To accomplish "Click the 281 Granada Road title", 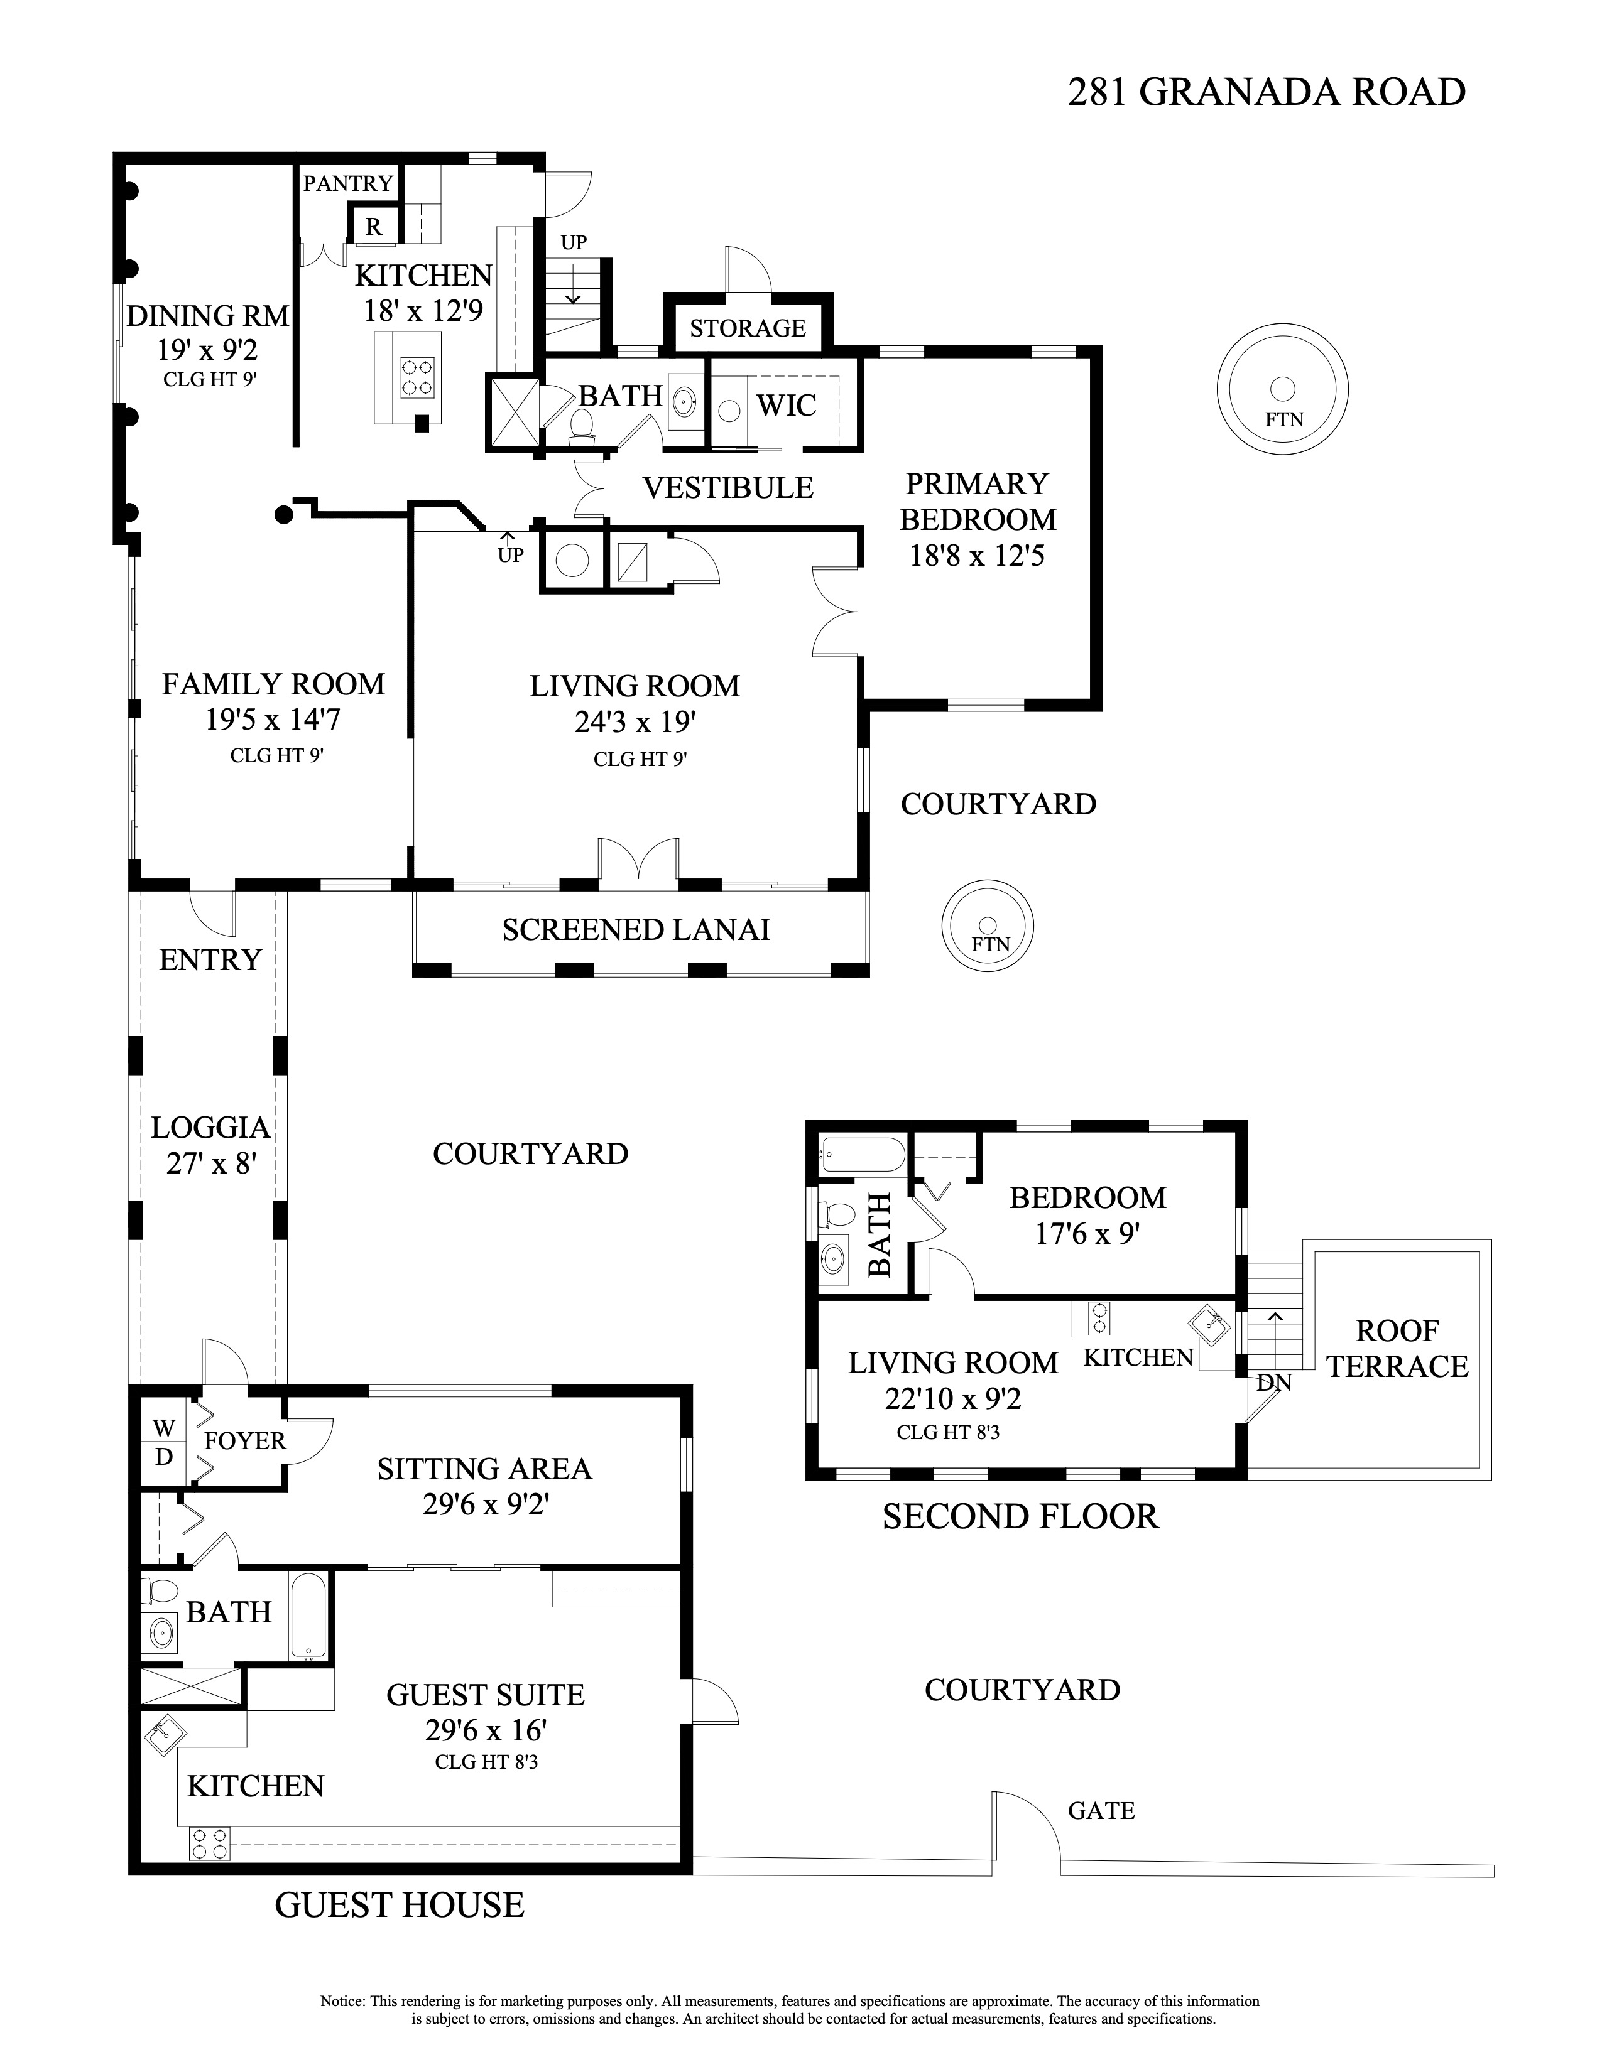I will point(1266,92).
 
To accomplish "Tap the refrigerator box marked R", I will point(373,227).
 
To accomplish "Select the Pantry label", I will point(347,183).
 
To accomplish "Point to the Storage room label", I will point(747,328).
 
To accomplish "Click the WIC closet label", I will point(786,405).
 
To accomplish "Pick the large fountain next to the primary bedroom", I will point(1282,390).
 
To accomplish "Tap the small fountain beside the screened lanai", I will point(987,926).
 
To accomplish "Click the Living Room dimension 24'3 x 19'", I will point(635,723).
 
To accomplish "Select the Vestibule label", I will point(728,488).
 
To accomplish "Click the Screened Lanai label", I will point(636,930).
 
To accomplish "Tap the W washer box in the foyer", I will point(164,1428).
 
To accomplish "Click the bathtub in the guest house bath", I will point(308,1616).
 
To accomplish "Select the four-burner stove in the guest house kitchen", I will point(209,1844).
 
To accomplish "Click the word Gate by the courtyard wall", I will point(1101,1811).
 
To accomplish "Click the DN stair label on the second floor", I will point(1273,1383).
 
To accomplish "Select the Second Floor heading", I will point(1020,1516).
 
